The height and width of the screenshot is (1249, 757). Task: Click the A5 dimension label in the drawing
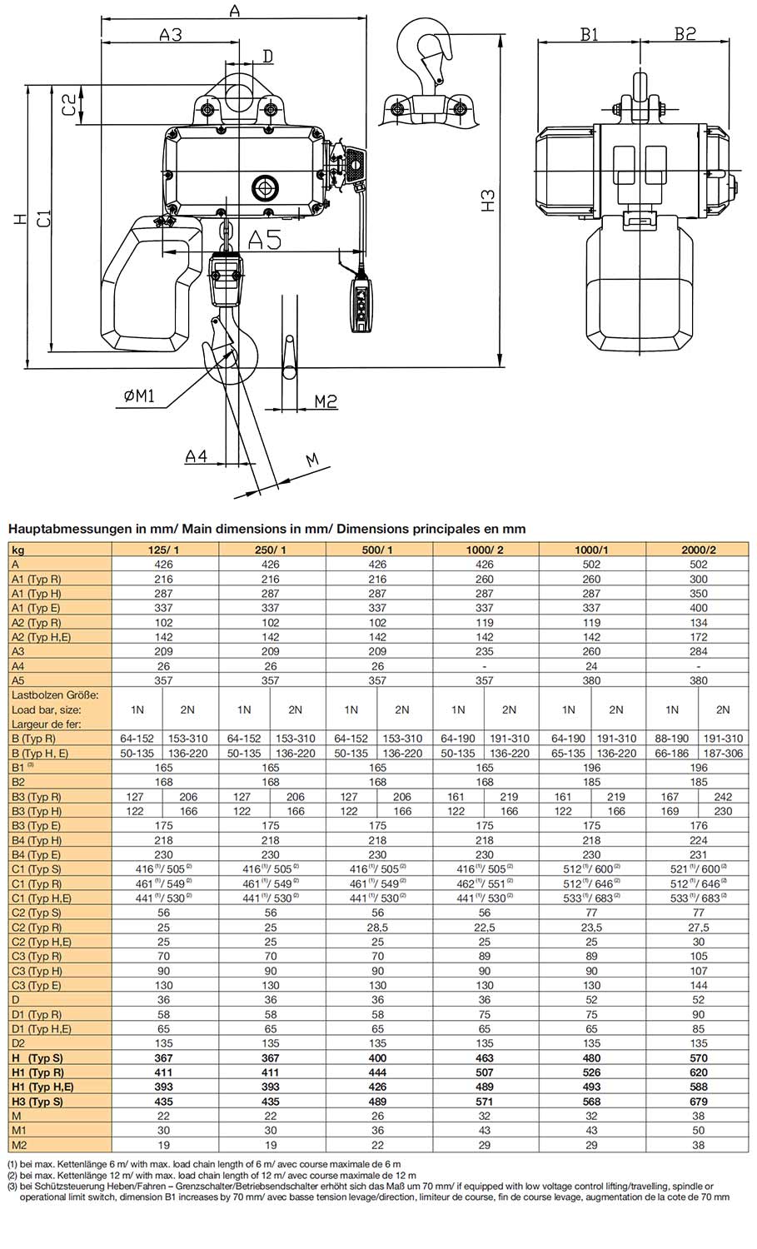coord(264,240)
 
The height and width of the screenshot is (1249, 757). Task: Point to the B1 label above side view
coord(589,34)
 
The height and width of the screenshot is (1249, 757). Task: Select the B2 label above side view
coord(685,34)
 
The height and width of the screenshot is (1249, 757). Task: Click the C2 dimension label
coord(70,105)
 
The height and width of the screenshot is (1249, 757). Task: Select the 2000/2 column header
coord(698,550)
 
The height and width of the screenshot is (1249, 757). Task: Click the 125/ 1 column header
coord(164,550)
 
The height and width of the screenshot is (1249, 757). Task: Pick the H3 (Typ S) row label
coord(37,1101)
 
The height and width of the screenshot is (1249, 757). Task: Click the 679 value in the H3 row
coord(698,1101)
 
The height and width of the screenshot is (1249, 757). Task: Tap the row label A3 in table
coord(18,651)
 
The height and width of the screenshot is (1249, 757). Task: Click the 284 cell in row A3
coord(698,651)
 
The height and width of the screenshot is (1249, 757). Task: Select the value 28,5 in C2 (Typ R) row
coord(377,927)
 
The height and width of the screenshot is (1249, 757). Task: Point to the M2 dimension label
coord(326,401)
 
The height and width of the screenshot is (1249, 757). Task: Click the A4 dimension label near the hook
coord(196,456)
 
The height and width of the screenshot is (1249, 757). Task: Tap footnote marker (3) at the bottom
coord(12,1186)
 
